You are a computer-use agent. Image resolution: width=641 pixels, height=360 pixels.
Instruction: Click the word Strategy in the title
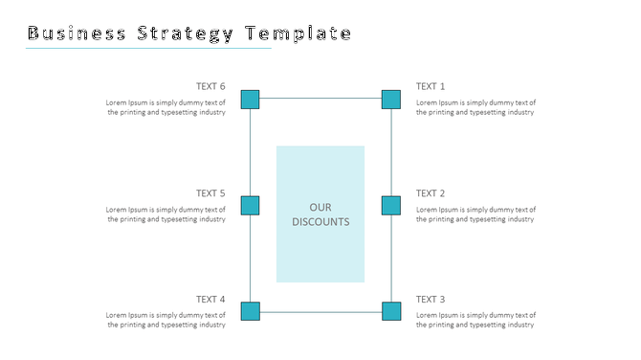(x=186, y=34)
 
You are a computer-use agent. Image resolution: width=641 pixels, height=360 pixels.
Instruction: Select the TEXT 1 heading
(x=431, y=86)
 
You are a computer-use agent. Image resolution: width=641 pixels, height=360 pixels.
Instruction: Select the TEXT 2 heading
(x=431, y=193)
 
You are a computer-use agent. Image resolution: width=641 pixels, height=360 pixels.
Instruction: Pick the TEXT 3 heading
(x=431, y=300)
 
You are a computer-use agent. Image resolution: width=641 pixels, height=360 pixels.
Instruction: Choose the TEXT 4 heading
(x=210, y=300)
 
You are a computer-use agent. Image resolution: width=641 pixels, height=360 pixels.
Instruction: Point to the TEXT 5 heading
(x=210, y=193)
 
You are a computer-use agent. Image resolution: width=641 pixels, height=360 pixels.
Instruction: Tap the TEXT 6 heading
(x=210, y=86)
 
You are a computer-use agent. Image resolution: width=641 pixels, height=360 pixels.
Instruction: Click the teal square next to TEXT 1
(x=391, y=99)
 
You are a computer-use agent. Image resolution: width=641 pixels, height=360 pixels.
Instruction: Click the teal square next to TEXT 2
(x=391, y=205)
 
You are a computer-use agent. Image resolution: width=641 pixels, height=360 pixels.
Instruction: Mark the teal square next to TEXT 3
(x=391, y=311)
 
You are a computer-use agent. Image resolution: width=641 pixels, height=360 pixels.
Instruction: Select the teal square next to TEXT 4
(x=250, y=311)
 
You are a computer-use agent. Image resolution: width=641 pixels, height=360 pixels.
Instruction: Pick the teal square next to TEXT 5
(x=250, y=205)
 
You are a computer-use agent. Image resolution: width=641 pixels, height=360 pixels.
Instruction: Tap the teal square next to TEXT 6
(x=250, y=99)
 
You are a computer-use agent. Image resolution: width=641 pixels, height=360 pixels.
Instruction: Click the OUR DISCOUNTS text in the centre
(x=320, y=214)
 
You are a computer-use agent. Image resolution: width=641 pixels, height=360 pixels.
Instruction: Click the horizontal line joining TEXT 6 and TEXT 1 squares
(x=320, y=98)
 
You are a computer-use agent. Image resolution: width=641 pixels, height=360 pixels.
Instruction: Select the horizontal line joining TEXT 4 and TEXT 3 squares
(x=320, y=312)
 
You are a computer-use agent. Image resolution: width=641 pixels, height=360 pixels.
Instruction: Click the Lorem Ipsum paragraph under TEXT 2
(x=475, y=214)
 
